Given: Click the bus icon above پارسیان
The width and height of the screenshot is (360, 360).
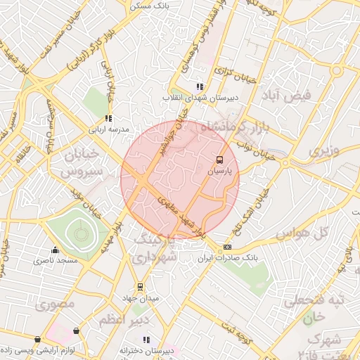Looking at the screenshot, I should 219,160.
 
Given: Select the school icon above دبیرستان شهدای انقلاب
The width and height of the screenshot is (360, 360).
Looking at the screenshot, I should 200,86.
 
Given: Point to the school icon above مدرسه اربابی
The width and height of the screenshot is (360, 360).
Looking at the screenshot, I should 108,118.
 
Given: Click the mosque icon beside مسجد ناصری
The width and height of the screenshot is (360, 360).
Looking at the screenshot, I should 55,250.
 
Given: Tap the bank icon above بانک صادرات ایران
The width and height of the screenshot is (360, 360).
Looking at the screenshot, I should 227,247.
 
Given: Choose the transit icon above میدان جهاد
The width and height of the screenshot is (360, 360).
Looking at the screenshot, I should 140,287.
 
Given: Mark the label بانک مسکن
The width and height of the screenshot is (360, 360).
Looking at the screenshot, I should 147,5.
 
